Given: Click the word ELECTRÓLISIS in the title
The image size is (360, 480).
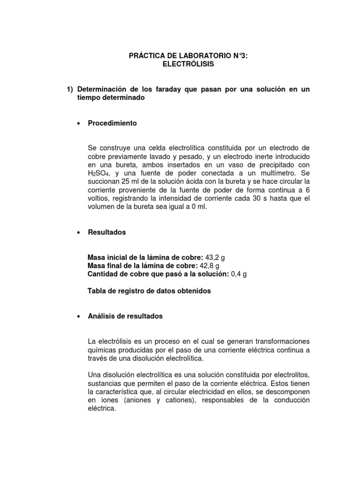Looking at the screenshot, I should pyautogui.click(x=188, y=64).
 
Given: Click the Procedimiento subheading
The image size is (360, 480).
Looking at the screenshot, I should pyautogui.click(x=112, y=123).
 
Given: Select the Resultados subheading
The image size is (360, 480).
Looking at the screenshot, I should pyautogui.click(x=107, y=232).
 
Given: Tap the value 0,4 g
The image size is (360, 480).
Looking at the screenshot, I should pyautogui.click(x=239, y=274).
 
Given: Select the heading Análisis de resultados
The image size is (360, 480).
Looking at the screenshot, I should pyautogui.click(x=125, y=316).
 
